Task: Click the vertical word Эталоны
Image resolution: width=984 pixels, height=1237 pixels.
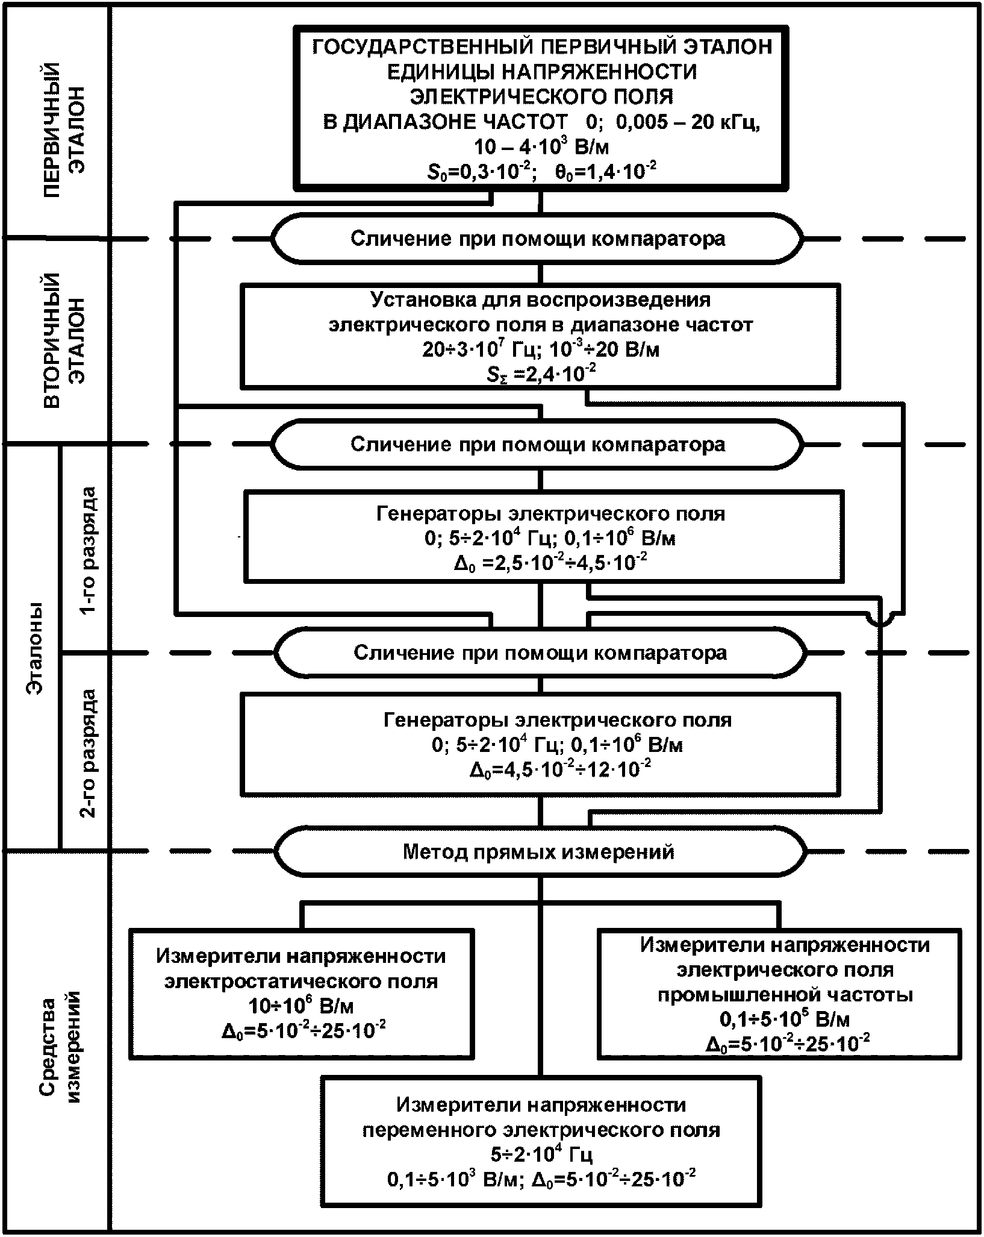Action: pyautogui.click(x=36, y=647)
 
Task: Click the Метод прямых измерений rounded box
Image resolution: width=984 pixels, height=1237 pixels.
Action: pyautogui.click(x=539, y=851)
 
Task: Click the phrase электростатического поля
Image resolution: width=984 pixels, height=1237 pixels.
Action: pyautogui.click(x=301, y=981)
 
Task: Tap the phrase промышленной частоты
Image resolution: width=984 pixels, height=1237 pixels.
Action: pyautogui.click(x=785, y=995)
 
